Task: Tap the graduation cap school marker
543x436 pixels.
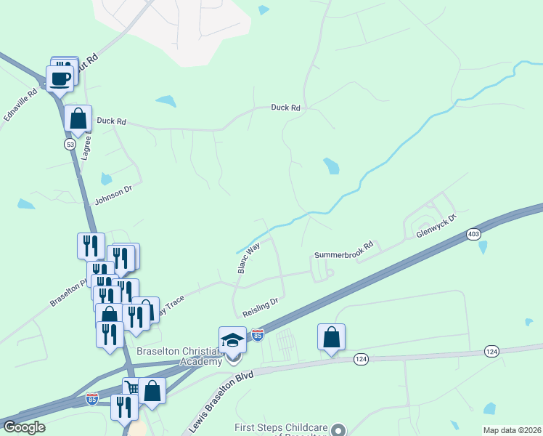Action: pos(233,340)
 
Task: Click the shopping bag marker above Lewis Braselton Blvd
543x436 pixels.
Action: pos(331,337)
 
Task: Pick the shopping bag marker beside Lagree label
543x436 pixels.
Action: pos(78,118)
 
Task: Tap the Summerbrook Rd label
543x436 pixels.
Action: pos(343,249)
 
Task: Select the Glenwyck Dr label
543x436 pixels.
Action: pos(436,226)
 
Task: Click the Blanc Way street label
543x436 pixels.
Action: pos(249,258)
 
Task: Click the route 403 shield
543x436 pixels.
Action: pos(473,234)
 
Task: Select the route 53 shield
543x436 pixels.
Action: pos(70,145)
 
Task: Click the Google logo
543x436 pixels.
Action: pos(24,427)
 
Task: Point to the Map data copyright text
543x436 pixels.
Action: pos(511,430)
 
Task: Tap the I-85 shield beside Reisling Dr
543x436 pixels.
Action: pos(257,335)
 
